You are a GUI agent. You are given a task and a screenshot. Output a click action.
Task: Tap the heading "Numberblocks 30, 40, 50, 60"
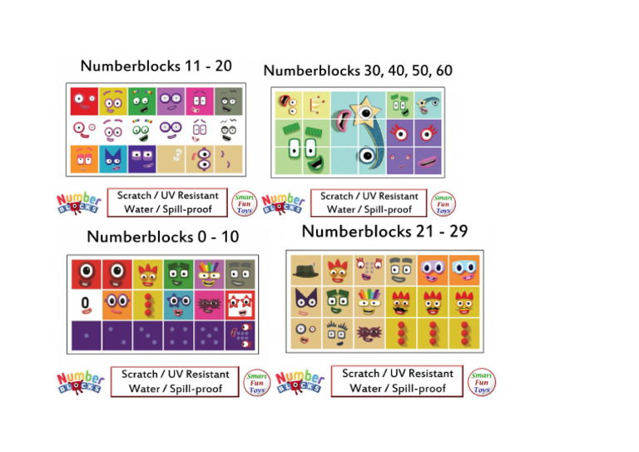coord(358,71)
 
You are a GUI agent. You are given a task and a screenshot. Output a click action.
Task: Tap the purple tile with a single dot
coord(85,335)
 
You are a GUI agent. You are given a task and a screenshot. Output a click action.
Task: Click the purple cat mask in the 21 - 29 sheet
coord(305,301)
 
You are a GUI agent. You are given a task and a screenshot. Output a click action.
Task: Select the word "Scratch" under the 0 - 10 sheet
coord(141,375)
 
